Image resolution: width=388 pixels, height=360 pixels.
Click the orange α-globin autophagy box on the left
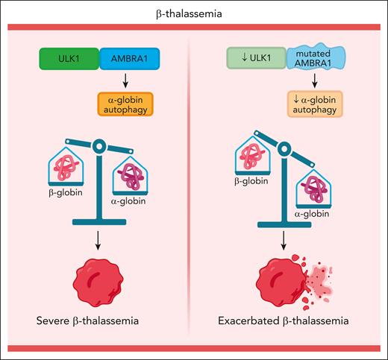pyautogui.click(x=126, y=102)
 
